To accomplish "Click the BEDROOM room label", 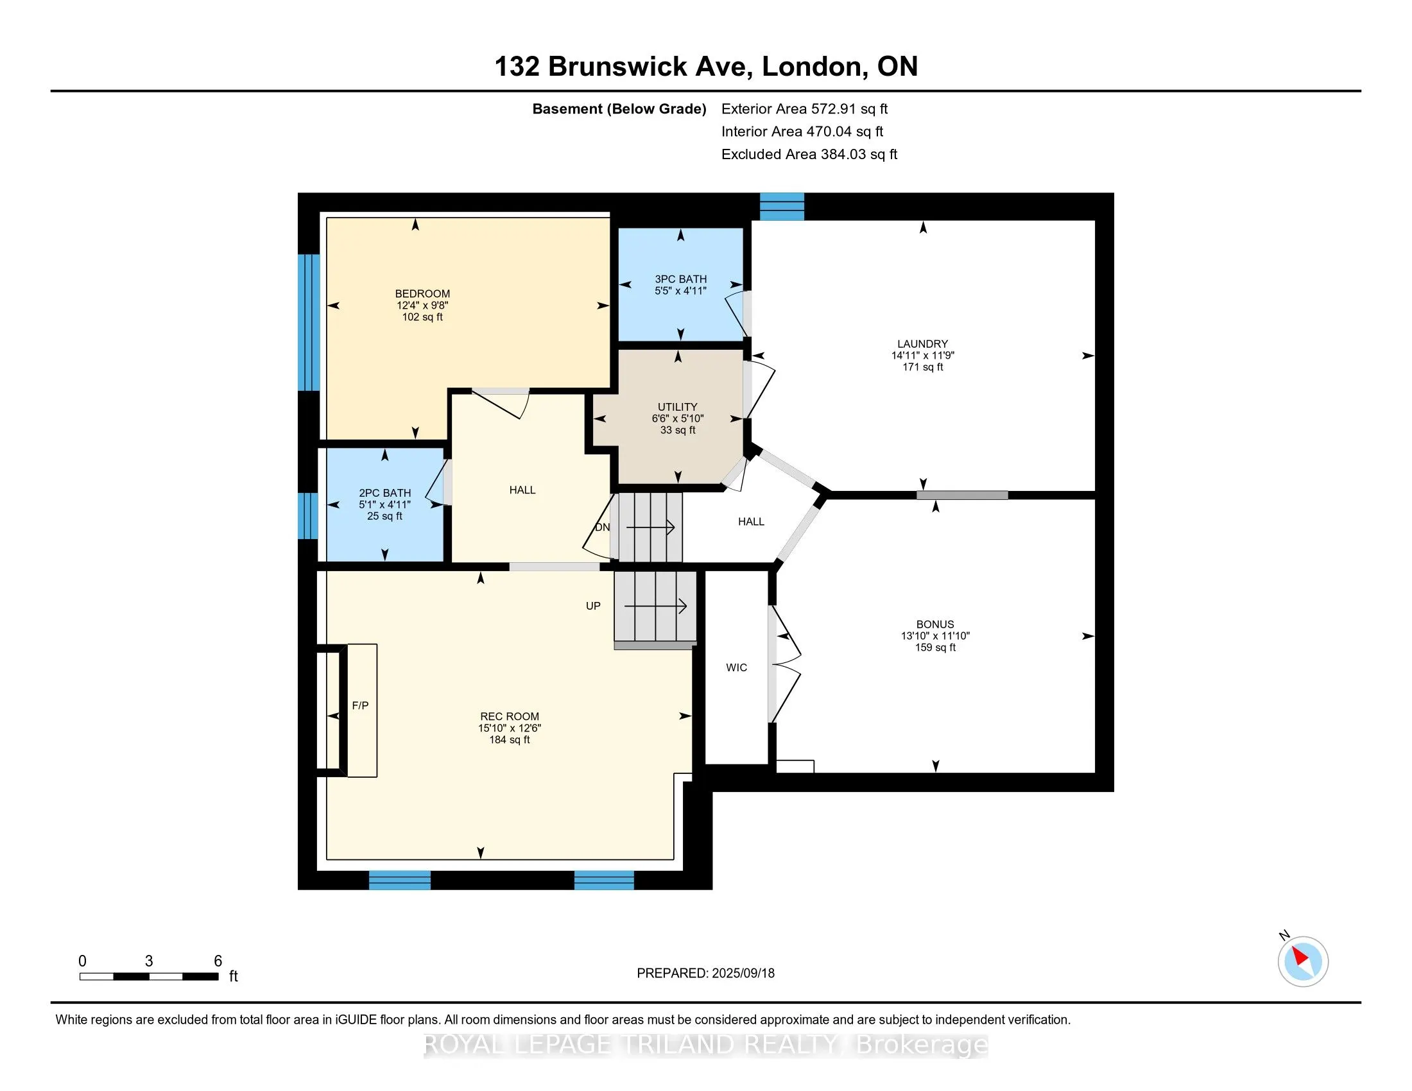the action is point(422,293).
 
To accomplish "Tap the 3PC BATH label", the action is point(680,279).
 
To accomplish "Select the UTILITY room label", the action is point(678,406).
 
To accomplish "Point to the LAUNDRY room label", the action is point(922,344).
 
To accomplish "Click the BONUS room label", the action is point(935,624).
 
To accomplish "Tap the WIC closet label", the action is point(736,667).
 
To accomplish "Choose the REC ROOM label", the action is point(510,716).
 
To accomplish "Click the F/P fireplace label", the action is point(360,706).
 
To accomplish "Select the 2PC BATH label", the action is point(384,492).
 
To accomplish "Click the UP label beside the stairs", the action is point(593,606).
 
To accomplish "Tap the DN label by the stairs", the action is point(602,528).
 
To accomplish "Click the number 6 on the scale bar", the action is point(218,961).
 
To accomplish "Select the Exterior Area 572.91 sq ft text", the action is point(804,109).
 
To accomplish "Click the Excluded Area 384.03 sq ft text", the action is point(809,155).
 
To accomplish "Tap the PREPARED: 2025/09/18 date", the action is point(705,974).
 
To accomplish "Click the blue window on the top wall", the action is point(782,206).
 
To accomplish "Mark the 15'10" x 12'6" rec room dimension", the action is point(510,728).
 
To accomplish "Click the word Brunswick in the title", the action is point(617,67).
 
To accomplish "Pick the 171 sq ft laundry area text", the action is point(922,367).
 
